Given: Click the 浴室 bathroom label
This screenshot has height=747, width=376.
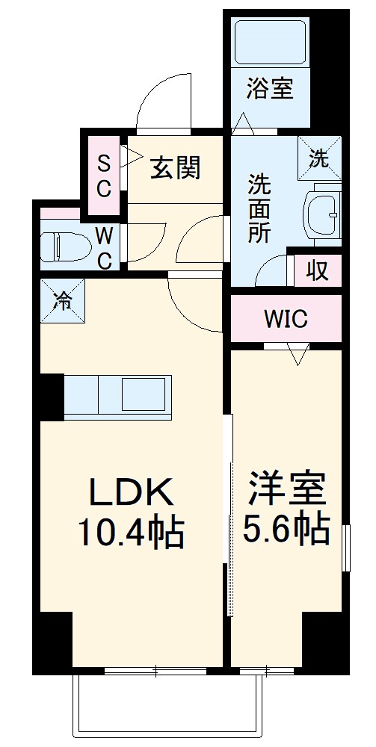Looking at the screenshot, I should (270, 90).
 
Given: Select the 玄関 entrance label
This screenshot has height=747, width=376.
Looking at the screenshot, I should (176, 169).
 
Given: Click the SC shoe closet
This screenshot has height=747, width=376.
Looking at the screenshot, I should (104, 174).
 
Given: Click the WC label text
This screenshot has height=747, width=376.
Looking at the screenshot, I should (105, 249).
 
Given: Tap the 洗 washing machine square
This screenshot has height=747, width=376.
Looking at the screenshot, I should (319, 158).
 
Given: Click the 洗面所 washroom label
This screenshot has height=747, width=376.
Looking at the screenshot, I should (259, 207).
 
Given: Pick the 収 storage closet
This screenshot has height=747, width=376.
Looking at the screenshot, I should (318, 270).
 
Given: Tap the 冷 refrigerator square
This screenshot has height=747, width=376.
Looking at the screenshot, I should (63, 300).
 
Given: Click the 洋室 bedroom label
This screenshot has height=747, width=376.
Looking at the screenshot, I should (287, 488).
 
